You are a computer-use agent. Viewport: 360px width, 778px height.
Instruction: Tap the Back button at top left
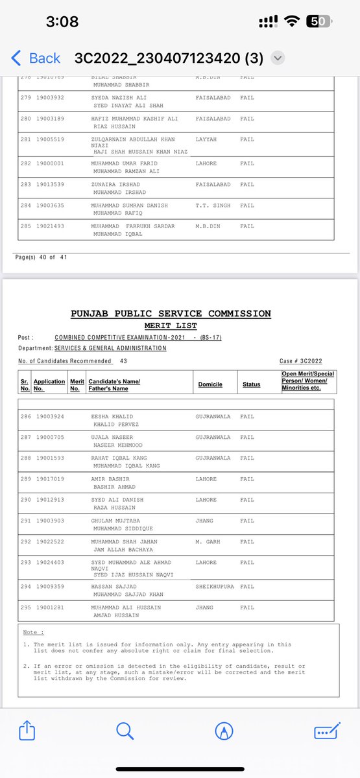tap(36, 58)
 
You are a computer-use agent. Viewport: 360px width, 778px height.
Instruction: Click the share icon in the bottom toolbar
tap(27, 731)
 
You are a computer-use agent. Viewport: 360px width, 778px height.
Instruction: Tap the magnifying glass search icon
tap(125, 731)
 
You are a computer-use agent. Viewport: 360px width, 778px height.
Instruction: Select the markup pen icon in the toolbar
tap(224, 731)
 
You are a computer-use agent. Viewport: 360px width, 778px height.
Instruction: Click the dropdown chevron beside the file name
tap(278, 58)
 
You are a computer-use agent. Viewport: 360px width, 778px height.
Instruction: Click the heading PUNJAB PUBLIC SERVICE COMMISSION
tap(171, 314)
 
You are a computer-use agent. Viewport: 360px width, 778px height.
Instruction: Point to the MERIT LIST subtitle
tap(171, 325)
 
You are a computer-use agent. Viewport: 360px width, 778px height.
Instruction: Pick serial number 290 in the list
tap(27, 500)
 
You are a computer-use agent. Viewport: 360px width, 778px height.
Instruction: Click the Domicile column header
tap(210, 384)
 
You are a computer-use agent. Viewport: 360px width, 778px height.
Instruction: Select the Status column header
tap(251, 384)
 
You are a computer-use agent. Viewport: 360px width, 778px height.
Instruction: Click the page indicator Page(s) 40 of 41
tap(41, 257)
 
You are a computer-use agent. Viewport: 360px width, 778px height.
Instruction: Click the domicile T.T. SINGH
tap(211, 205)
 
